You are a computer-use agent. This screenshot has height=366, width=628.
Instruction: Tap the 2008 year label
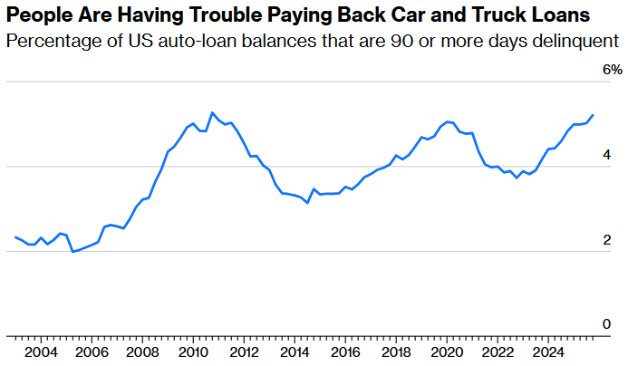142,352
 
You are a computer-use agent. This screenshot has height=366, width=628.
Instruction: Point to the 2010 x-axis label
192,352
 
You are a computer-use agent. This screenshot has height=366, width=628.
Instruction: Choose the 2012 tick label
243,352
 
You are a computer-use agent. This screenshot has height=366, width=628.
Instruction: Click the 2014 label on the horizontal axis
293,352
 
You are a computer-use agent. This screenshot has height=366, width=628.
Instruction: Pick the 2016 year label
343,352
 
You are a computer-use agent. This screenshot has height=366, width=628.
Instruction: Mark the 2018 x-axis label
394,352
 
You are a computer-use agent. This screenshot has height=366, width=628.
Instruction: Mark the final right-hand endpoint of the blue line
594,115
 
